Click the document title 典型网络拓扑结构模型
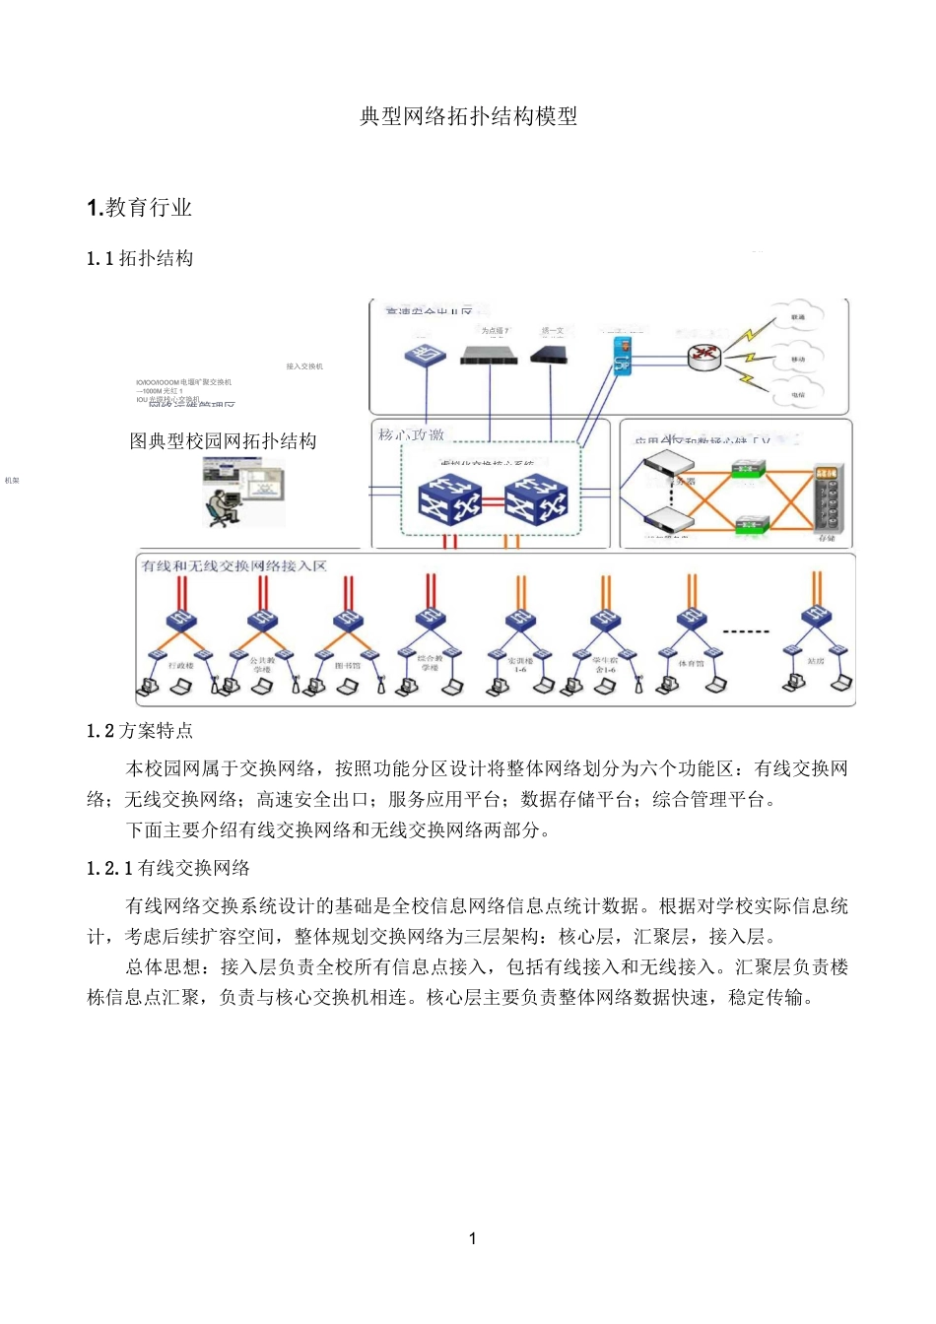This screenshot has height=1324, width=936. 468,116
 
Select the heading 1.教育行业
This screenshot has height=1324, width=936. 139,208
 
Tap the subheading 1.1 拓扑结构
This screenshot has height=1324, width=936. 140,259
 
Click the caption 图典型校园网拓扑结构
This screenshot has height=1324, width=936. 223,441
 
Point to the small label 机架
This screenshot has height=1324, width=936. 12,481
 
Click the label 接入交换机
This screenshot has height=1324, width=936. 304,366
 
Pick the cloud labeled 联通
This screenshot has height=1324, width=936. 797,318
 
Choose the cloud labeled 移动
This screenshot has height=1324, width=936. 797,360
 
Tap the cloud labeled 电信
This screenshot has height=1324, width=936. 797,395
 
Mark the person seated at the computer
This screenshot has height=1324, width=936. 219,503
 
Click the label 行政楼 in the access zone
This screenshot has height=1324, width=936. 181,666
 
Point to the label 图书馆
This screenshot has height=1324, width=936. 347,666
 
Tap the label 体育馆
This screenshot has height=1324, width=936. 691,664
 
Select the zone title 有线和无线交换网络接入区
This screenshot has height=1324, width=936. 234,566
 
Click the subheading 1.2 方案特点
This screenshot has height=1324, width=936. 140,731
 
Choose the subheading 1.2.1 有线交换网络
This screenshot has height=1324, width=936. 168,868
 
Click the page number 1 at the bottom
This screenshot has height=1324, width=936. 473,1238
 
